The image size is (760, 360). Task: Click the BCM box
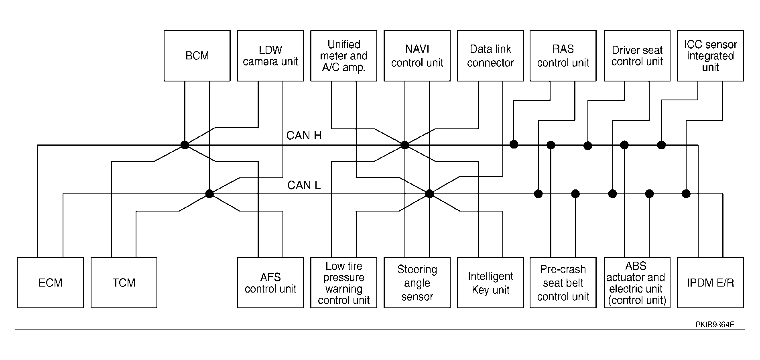tap(197, 56)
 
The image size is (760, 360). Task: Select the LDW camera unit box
tap(270, 56)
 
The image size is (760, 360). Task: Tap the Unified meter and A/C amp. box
tap(344, 56)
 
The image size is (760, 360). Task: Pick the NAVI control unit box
tap(417, 56)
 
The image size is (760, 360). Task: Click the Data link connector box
tap(490, 56)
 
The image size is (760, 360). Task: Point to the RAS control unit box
tap(563, 56)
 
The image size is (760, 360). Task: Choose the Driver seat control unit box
tap(637, 56)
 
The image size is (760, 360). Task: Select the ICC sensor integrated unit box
tap(711, 56)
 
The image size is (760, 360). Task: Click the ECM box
tap(51, 283)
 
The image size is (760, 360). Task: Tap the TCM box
tap(124, 283)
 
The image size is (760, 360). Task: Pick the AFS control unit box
tap(270, 283)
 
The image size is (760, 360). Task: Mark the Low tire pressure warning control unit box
tap(344, 283)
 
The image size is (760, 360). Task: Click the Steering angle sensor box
tap(417, 283)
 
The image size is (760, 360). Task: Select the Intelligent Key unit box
tap(490, 283)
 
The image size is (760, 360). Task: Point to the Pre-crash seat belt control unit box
tap(563, 283)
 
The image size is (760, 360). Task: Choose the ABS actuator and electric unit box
tap(637, 283)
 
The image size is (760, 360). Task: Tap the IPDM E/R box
tap(711, 283)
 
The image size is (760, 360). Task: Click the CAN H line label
tap(304, 136)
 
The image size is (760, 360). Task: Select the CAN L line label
tap(304, 185)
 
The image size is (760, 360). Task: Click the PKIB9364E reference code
tap(715, 325)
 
